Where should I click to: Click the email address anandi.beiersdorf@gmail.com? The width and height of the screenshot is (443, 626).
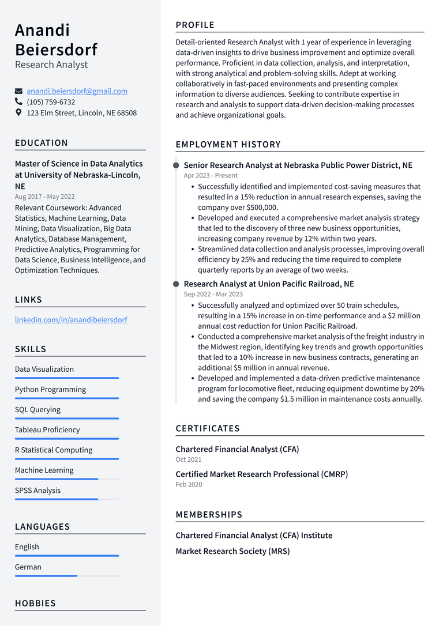point(77,91)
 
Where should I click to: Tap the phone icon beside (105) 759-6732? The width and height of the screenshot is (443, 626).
point(19,102)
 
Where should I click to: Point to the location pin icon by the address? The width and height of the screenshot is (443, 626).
point(19,113)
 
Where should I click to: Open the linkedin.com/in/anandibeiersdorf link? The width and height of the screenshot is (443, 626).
point(71,319)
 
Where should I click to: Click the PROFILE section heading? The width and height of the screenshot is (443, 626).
point(195,25)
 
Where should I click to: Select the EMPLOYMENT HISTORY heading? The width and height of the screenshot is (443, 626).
point(228,144)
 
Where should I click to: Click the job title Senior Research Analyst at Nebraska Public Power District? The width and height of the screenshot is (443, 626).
point(298,165)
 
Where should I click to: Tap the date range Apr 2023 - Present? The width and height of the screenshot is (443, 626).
point(211,175)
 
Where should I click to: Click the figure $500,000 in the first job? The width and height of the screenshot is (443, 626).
point(262,208)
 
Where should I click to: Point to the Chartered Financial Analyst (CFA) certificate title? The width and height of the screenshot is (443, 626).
point(237,449)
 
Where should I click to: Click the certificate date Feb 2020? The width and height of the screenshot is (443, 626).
point(189,484)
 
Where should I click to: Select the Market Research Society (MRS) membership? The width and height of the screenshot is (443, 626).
point(232,551)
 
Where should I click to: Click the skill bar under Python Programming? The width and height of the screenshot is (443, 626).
point(67,398)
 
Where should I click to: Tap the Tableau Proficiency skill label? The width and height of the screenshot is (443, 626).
point(47,429)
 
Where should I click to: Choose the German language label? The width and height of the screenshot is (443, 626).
point(28,567)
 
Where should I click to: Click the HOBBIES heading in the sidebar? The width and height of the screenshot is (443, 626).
point(35,603)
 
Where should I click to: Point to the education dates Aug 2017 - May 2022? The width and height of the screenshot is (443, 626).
point(45,197)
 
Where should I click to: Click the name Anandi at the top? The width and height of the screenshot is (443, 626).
point(42,30)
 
